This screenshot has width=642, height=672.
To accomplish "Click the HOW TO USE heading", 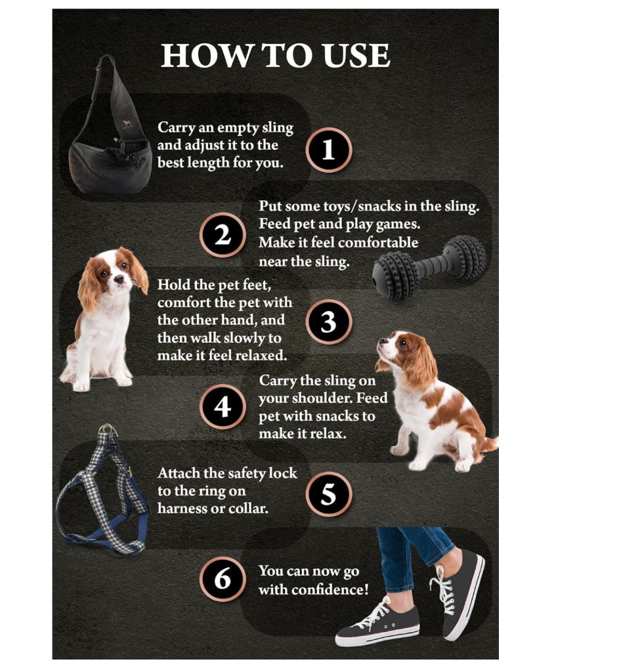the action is click(275, 55).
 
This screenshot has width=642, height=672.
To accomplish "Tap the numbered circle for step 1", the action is click(329, 150).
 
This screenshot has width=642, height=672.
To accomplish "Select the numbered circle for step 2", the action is click(223, 235).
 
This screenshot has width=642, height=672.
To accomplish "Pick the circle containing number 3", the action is click(329, 322).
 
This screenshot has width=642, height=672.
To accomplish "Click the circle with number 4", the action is click(223, 407).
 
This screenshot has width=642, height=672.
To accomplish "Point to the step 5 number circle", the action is click(329, 494).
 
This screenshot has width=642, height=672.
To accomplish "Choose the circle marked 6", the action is click(223, 579).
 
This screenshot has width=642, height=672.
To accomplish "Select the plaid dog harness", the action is click(103, 491).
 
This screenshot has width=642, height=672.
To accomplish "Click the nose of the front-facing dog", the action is click(118, 280).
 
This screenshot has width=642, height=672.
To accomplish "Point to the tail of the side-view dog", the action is click(488, 444).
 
